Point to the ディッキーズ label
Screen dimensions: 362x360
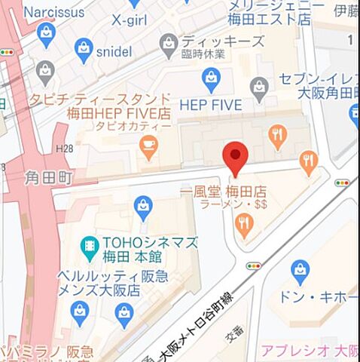tap(223, 41)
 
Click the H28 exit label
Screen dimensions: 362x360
tap(66, 151)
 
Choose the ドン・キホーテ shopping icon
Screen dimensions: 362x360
tap(300, 268)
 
